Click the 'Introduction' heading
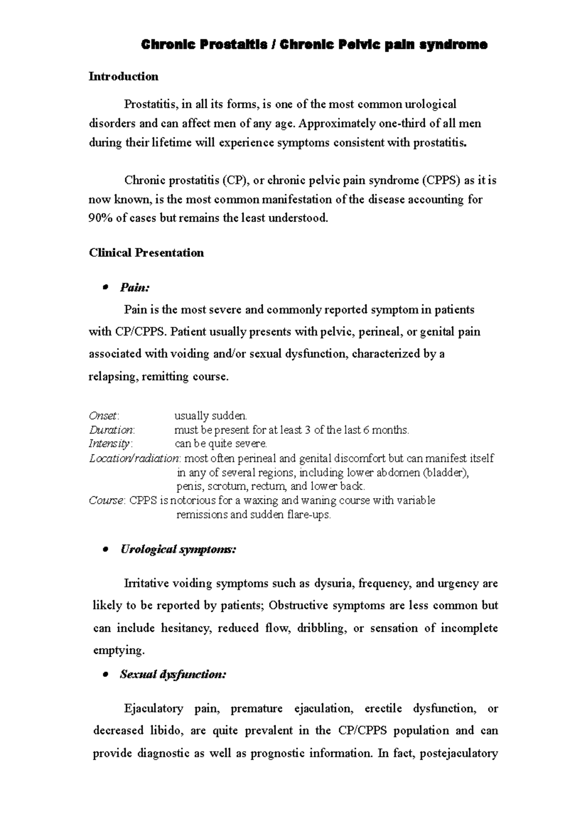(x=123, y=76)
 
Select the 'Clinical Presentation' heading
(x=146, y=253)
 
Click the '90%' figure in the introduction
(x=99, y=218)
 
